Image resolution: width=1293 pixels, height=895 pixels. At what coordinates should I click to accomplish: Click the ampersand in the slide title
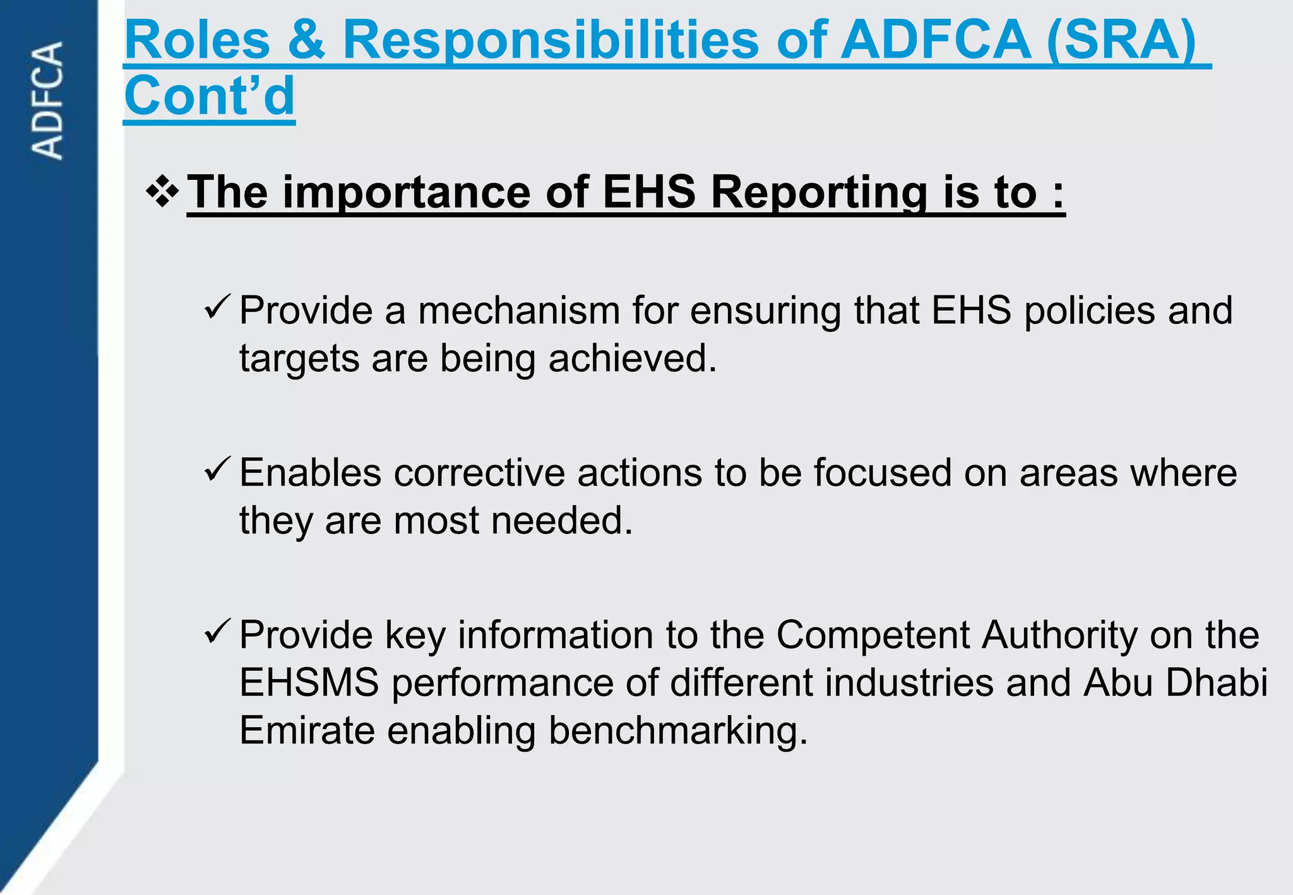[306, 40]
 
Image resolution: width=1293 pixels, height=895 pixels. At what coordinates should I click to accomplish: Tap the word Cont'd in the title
[210, 96]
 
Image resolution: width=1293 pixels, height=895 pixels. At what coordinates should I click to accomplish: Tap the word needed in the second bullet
[562, 521]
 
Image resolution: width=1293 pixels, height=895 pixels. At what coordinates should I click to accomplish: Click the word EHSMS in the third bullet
[309, 683]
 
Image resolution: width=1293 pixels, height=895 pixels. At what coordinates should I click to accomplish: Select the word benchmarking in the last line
[678, 731]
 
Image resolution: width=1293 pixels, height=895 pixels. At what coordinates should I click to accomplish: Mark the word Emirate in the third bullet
[307, 731]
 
